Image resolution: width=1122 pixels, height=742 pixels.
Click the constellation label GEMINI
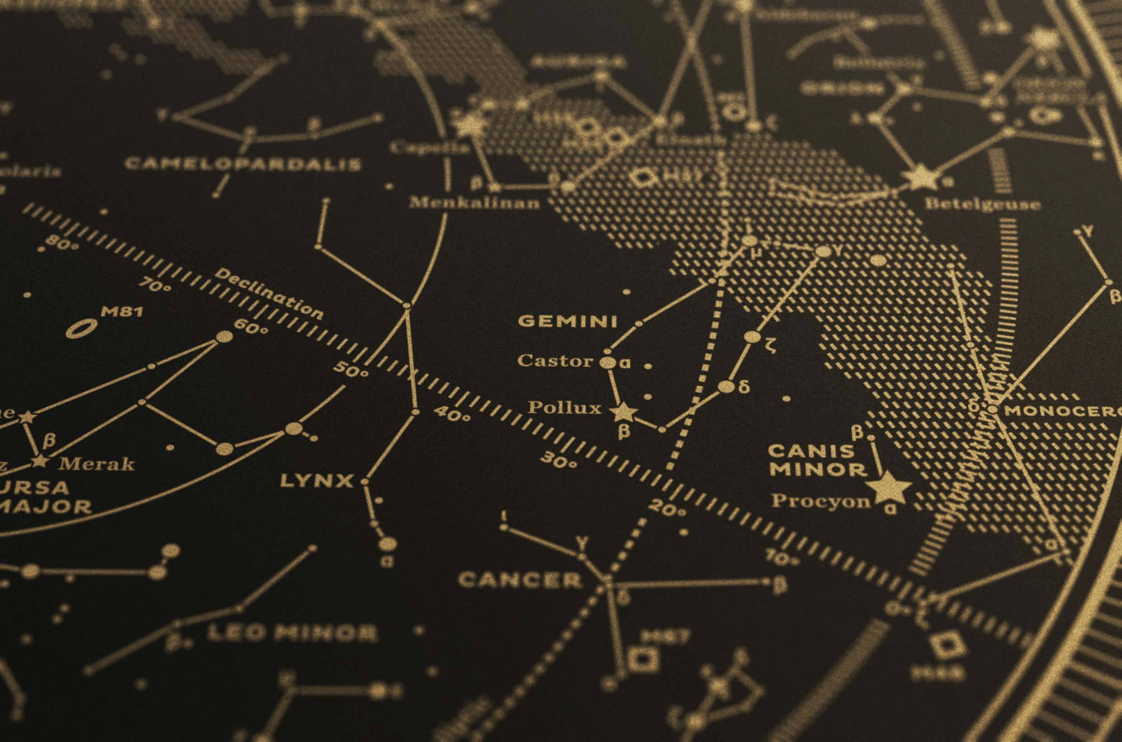[x=568, y=322]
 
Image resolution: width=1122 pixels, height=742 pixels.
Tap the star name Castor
[x=555, y=361]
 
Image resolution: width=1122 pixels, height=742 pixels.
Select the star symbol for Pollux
[x=622, y=411]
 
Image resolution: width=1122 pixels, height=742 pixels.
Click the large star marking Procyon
[x=889, y=488]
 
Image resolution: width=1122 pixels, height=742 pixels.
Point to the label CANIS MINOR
[x=816, y=460]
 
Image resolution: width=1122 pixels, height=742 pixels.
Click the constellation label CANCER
[x=520, y=580]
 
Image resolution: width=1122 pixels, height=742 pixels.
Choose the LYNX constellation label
[x=316, y=480]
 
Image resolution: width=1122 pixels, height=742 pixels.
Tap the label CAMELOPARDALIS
[x=243, y=163]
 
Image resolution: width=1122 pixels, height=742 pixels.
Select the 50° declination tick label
[x=351, y=369]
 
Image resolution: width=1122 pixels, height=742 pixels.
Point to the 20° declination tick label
[x=667, y=510]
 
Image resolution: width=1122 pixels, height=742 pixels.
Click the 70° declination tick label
[x=156, y=284]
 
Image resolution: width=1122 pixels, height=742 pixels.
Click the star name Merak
[x=96, y=464]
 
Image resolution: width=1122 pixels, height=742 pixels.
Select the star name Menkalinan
[x=474, y=202]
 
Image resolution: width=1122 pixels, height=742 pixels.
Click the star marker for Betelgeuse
[x=921, y=178]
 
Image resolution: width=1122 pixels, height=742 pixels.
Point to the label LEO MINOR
[x=292, y=634]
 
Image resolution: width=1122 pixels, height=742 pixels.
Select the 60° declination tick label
[x=251, y=328]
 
